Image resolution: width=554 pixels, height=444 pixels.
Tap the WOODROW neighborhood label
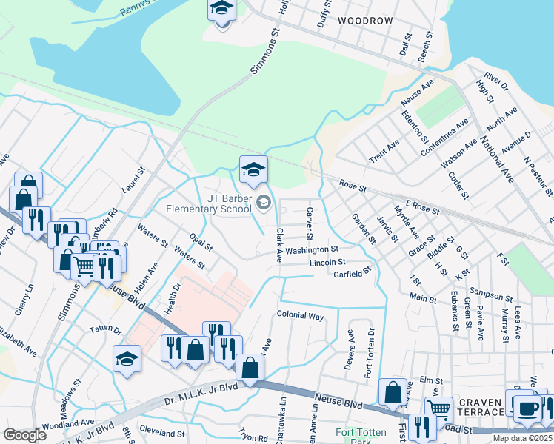(364, 21)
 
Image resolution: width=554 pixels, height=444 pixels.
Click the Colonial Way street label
(301, 315)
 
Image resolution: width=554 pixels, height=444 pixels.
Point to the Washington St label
(313, 249)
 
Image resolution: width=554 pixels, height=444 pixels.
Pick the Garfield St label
(352, 273)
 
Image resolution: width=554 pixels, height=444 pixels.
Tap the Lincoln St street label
(327, 262)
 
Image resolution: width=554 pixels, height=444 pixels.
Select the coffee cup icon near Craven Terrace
(527, 407)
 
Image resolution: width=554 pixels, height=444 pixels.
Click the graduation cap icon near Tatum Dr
(127, 359)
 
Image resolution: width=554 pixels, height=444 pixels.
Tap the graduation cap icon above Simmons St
(221, 10)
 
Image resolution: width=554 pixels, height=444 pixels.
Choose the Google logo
(24, 435)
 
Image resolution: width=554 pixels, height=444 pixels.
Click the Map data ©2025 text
(522, 438)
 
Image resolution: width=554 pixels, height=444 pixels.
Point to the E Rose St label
(423, 209)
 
